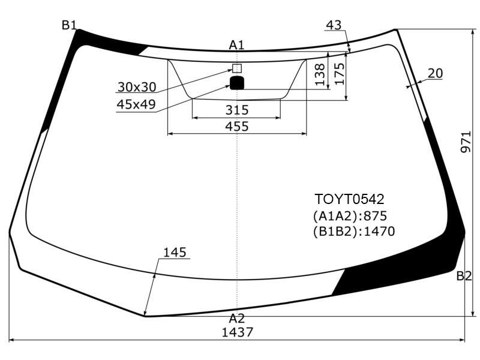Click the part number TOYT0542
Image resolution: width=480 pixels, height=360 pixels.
[349, 199]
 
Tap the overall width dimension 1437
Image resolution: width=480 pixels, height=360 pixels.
[237, 332]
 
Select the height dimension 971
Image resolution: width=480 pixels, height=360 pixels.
[466, 142]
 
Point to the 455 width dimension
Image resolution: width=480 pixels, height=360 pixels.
[237, 126]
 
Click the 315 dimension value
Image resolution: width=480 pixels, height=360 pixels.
[237, 110]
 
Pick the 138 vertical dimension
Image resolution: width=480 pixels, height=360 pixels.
[320, 74]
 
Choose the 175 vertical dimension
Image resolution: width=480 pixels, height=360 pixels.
[340, 74]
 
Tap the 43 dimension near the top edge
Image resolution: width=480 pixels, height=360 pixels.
[334, 25]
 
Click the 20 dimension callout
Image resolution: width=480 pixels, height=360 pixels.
[435, 73]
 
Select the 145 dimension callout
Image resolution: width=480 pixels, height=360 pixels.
[175, 253]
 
